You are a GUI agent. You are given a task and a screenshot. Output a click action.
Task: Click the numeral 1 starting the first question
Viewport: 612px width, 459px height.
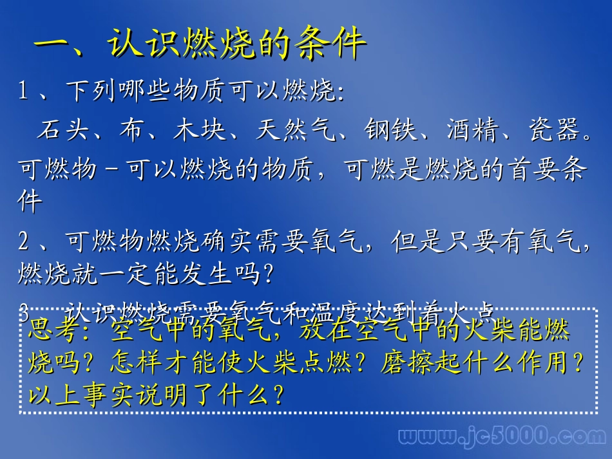tap(23, 92)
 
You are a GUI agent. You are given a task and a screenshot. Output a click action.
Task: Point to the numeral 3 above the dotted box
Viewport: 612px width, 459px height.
tap(23, 314)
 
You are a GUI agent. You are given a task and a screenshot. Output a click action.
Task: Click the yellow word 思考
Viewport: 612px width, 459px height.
tap(54, 331)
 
